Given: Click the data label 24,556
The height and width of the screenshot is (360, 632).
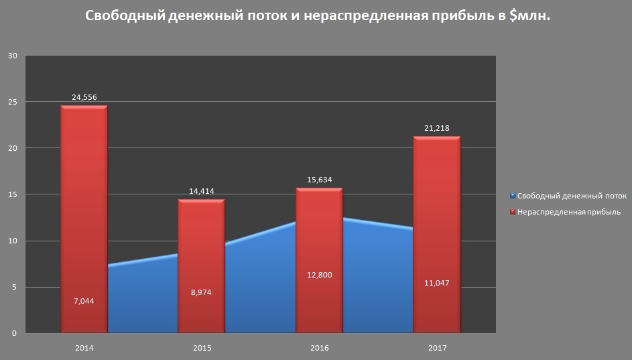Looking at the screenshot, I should click(x=84, y=97).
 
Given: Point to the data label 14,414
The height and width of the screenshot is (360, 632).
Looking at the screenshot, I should click(x=201, y=191).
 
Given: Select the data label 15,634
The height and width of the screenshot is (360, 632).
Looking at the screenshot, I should click(x=319, y=180).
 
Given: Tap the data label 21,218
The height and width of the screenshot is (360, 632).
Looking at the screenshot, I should click(x=436, y=128).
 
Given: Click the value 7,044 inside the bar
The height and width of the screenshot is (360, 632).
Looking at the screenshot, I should click(x=83, y=301).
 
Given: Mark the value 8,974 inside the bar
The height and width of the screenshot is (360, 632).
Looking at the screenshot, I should click(x=200, y=292).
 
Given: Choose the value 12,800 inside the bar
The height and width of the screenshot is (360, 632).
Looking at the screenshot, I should click(x=318, y=275).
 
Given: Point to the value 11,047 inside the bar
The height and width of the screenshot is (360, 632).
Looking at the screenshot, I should click(x=436, y=283).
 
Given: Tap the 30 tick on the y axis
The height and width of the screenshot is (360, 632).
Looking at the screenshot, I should click(x=11, y=56).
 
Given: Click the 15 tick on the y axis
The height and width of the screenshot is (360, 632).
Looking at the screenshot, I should click(x=11, y=194).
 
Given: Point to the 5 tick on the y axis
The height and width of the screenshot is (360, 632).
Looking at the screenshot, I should click(x=13, y=287).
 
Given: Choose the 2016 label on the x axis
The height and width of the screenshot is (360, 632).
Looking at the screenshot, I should click(x=319, y=348).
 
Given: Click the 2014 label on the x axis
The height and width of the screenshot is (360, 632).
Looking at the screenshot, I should click(x=84, y=348).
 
